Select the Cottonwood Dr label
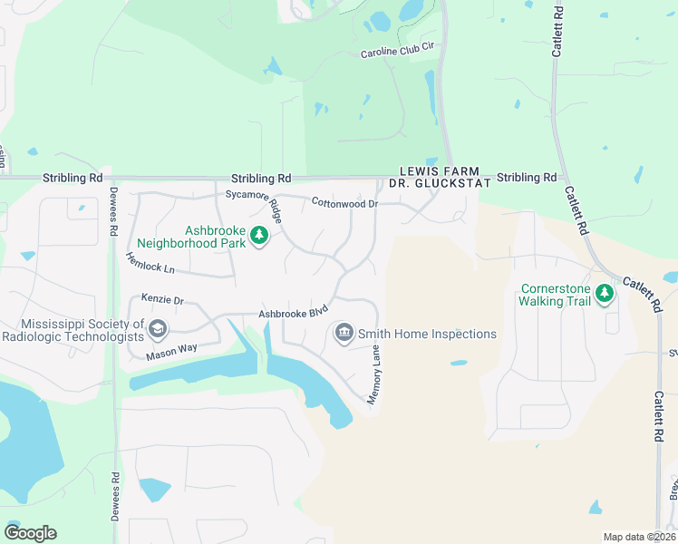click(344, 204)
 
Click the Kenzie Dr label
click(162, 299)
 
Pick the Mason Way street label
click(171, 352)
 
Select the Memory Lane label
click(374, 374)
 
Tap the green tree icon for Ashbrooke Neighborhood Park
click(259, 237)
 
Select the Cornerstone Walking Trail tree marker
click(605, 293)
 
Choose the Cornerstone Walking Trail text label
click(556, 296)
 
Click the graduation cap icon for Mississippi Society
click(158, 328)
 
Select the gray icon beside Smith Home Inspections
click(344, 334)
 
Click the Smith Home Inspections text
click(427, 334)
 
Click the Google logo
click(30, 533)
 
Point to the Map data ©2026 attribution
click(639, 537)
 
